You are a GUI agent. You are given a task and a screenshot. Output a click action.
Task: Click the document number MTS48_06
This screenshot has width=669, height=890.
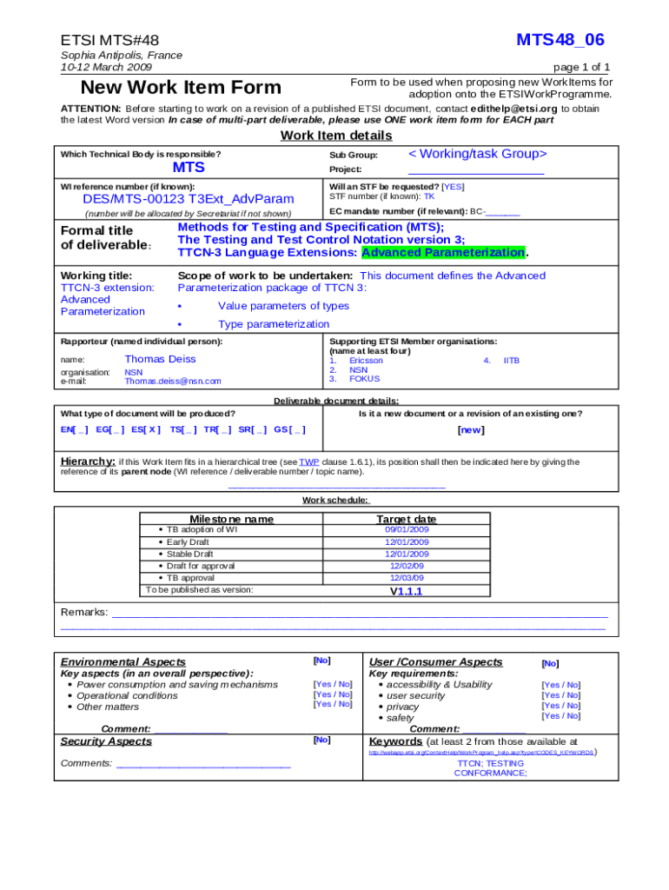tap(560, 40)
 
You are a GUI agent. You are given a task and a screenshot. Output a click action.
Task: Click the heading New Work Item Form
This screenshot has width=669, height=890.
tap(181, 88)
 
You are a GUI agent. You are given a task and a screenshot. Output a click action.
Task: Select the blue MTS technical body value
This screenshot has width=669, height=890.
tap(189, 167)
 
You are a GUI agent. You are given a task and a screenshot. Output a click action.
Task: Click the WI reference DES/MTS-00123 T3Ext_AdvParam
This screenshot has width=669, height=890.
tap(176, 198)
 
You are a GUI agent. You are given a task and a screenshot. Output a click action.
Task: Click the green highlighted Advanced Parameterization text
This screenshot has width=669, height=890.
tap(443, 252)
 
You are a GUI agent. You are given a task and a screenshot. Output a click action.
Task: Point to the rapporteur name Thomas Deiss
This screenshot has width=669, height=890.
tap(160, 359)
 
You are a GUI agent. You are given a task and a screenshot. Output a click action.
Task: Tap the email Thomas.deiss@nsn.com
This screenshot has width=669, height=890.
tap(173, 381)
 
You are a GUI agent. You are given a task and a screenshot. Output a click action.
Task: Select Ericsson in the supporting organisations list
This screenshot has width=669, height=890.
tap(366, 360)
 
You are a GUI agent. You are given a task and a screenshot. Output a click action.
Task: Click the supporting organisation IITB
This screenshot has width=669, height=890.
tap(512, 360)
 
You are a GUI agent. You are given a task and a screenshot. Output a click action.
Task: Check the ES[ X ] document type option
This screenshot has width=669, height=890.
tap(146, 429)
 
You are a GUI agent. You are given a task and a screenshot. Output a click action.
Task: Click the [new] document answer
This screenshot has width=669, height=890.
tap(471, 429)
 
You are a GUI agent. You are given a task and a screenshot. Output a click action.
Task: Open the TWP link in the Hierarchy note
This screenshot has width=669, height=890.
tap(309, 462)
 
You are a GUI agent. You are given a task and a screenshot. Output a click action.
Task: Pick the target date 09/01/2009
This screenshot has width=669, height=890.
tap(407, 529)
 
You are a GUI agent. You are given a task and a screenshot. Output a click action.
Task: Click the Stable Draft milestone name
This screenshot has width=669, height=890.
tap(189, 554)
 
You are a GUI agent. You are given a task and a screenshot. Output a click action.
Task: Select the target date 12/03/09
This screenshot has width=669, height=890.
tap(407, 578)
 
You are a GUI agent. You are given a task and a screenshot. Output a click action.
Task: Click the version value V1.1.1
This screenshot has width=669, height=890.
tap(406, 591)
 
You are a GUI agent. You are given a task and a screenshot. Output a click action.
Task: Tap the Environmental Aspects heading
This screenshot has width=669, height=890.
tap(111, 662)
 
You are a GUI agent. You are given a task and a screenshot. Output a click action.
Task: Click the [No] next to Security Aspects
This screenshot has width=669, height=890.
tap(321, 740)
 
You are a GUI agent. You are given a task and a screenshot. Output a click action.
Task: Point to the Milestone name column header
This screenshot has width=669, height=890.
tap(231, 519)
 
